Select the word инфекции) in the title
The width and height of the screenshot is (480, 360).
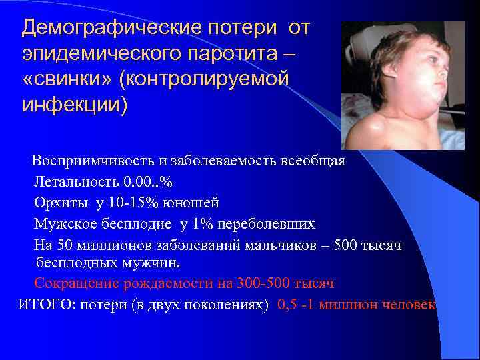(74, 105)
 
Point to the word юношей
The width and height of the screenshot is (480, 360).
(194, 202)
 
